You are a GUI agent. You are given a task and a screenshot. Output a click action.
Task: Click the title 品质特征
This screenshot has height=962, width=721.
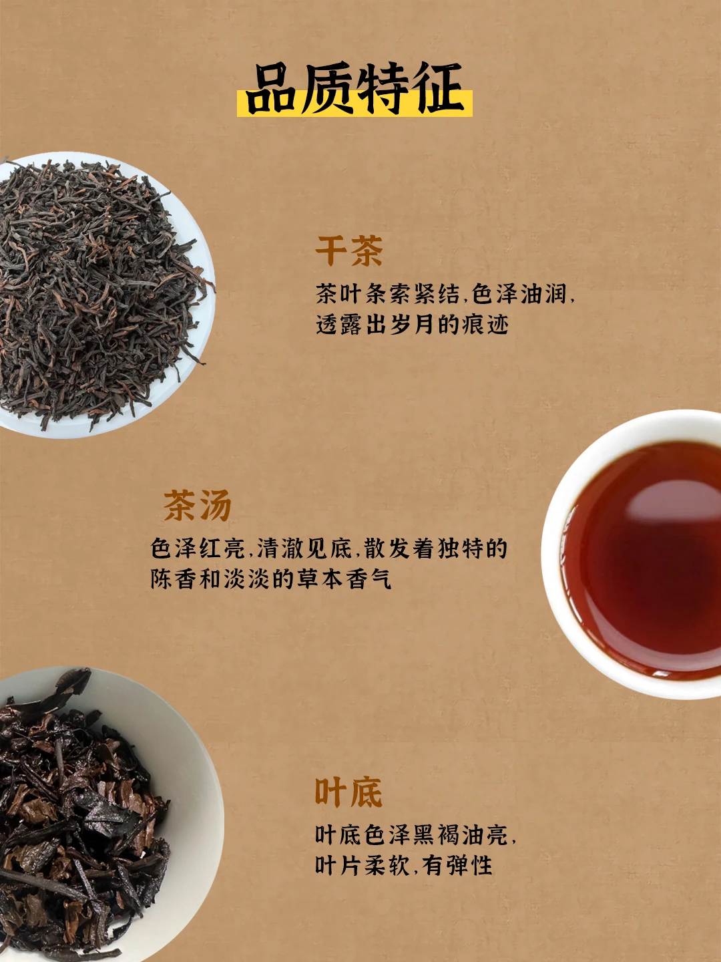coord(354,89)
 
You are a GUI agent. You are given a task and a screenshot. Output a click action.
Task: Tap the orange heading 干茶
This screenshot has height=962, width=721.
coord(349,251)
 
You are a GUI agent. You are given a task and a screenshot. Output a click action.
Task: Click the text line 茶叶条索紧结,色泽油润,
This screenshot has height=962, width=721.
coord(445,294)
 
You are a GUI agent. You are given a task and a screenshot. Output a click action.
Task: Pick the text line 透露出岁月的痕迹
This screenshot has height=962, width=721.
coord(412,325)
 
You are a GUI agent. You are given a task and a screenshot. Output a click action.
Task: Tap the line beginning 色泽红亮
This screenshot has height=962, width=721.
coord(328,548)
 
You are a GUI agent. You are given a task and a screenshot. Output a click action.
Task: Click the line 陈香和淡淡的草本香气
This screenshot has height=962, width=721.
coord(270,579)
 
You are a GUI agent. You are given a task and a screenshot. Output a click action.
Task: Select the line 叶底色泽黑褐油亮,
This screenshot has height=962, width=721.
coord(415,835)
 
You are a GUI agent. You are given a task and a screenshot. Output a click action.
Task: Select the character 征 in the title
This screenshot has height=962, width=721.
coord(439,88)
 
